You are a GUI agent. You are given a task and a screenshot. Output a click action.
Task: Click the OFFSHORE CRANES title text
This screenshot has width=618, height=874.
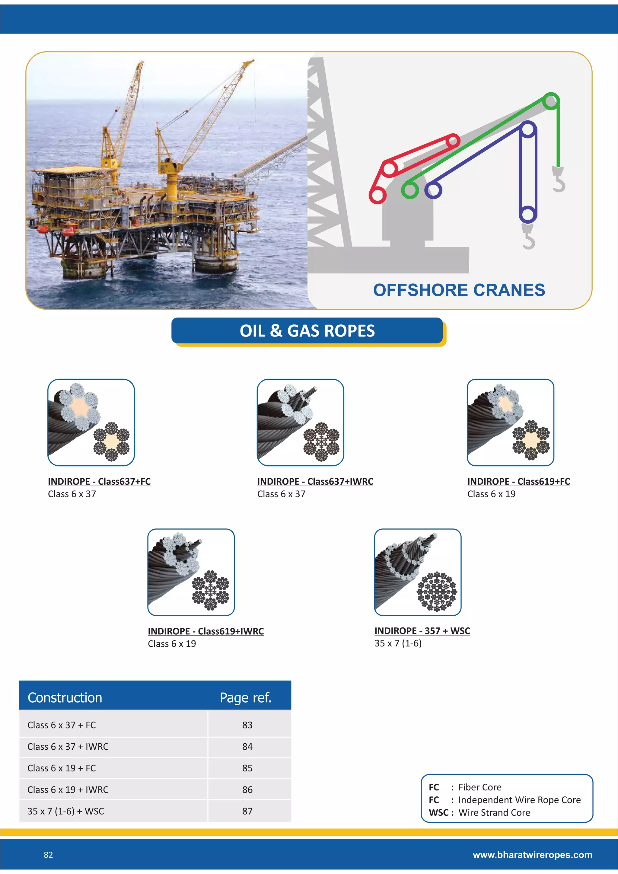click(x=459, y=290)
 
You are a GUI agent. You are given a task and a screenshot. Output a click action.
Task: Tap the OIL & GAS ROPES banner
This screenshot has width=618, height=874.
click(x=307, y=330)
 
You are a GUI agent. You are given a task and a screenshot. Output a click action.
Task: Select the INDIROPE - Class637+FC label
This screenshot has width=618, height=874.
click(x=99, y=482)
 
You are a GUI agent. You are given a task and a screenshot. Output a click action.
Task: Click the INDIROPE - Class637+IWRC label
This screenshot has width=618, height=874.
click(x=315, y=482)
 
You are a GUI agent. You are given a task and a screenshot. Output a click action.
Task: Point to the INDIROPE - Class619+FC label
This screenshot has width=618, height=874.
click(x=518, y=482)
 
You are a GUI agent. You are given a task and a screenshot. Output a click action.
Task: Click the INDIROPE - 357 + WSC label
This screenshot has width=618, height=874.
click(x=422, y=631)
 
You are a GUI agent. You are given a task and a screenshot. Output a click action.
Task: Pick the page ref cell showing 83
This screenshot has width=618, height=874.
click(x=247, y=725)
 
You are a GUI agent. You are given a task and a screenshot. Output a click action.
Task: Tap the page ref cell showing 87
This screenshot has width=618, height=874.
click(x=247, y=811)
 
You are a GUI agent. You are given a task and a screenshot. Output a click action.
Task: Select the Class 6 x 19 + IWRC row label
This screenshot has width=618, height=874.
click(x=68, y=789)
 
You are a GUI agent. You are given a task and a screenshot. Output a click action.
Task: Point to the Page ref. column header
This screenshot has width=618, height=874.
click(x=245, y=697)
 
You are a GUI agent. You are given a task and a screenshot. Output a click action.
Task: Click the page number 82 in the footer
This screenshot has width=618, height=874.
click(x=48, y=855)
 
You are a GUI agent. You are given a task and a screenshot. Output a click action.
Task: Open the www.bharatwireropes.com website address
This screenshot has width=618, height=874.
click(x=532, y=855)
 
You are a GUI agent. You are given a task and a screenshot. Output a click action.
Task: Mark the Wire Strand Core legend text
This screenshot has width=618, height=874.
click(x=494, y=812)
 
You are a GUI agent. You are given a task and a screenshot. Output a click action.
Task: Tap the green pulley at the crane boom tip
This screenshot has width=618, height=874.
click(x=551, y=101)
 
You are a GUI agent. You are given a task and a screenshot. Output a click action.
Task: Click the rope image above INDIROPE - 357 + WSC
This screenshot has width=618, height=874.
click(x=417, y=572)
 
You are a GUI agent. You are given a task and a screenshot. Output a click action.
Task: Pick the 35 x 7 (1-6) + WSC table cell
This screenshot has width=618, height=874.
click(x=65, y=811)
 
